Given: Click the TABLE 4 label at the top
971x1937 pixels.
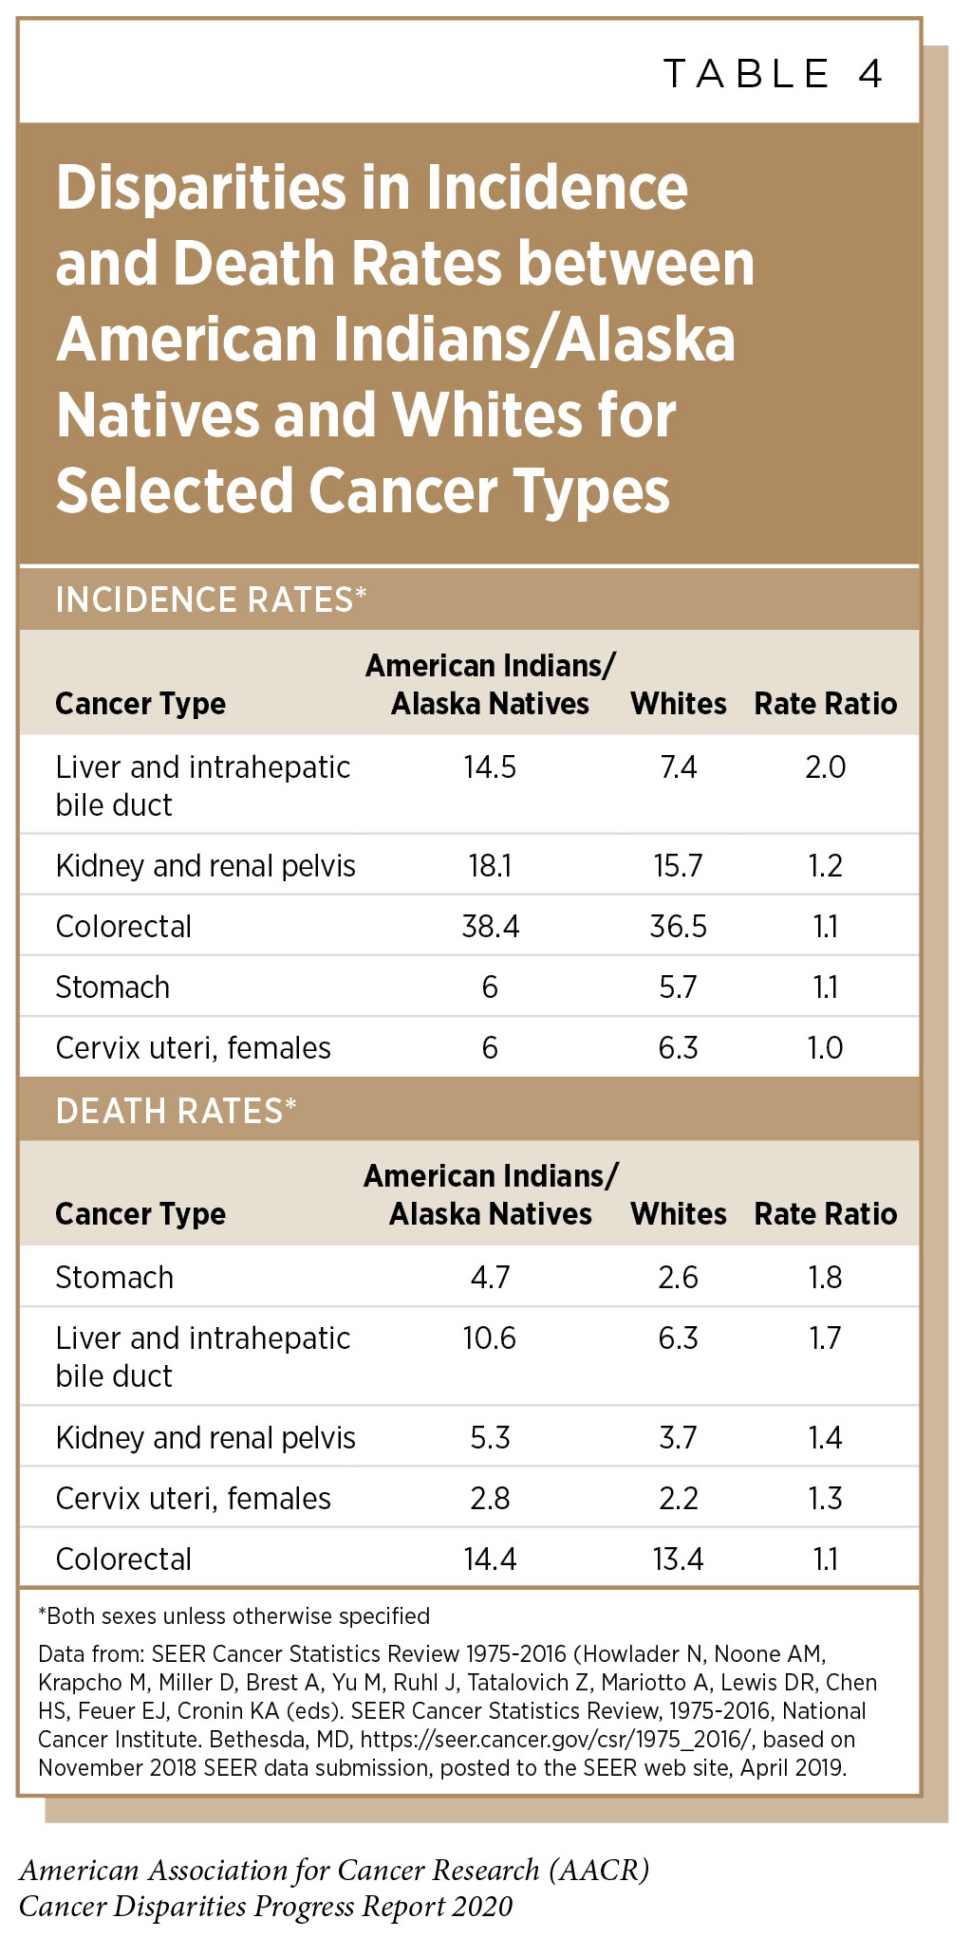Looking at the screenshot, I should [773, 74].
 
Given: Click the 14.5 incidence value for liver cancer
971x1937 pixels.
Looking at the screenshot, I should [490, 766].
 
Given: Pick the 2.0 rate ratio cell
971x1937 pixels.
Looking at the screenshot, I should [825, 766].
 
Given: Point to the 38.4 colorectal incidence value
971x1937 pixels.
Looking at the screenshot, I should [490, 926].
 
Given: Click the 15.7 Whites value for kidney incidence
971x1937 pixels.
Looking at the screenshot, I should [678, 865].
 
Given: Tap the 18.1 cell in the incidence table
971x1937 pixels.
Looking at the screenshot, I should [490, 865].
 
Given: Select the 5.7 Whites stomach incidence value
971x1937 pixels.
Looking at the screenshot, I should [678, 987].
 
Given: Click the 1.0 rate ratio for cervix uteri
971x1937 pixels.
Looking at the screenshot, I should [825, 1047].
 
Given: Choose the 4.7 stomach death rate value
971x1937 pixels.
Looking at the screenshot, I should [490, 1277].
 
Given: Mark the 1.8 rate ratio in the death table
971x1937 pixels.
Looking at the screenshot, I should [825, 1277].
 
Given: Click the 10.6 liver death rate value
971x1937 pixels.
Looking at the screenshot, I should [490, 1337].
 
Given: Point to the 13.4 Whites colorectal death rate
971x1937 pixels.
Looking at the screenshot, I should [678, 1559].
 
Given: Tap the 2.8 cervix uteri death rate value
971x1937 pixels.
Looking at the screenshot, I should [490, 1498].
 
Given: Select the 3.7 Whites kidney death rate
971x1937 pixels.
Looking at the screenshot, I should [678, 1437].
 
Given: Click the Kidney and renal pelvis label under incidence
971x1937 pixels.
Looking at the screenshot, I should [205, 865].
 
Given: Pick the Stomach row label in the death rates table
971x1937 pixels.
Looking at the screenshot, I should [114, 1277].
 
